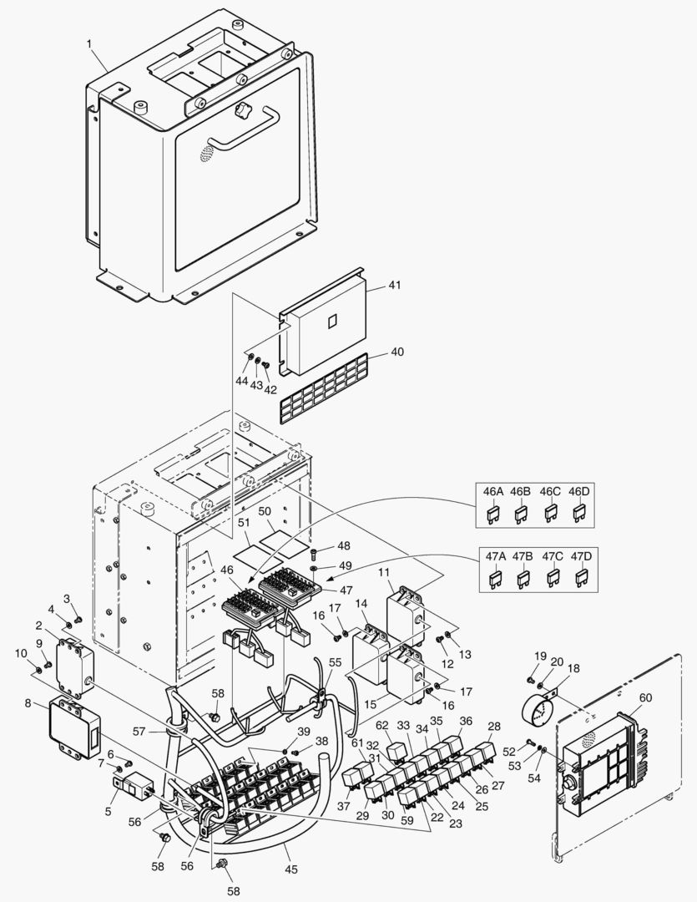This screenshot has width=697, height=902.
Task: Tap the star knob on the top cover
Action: click(244, 109)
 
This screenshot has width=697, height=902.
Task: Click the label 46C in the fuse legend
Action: click(549, 492)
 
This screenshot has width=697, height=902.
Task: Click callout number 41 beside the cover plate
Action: click(395, 286)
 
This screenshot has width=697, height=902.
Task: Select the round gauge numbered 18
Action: click(537, 710)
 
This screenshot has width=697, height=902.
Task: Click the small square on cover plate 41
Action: click(331, 321)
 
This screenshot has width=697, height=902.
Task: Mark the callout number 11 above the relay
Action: click(384, 571)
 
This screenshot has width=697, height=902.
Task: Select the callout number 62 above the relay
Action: click(382, 725)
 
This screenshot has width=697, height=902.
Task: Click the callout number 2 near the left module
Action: click(39, 626)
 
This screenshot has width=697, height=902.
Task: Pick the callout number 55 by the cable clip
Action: click(335, 661)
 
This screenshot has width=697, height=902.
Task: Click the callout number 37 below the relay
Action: click(344, 806)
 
